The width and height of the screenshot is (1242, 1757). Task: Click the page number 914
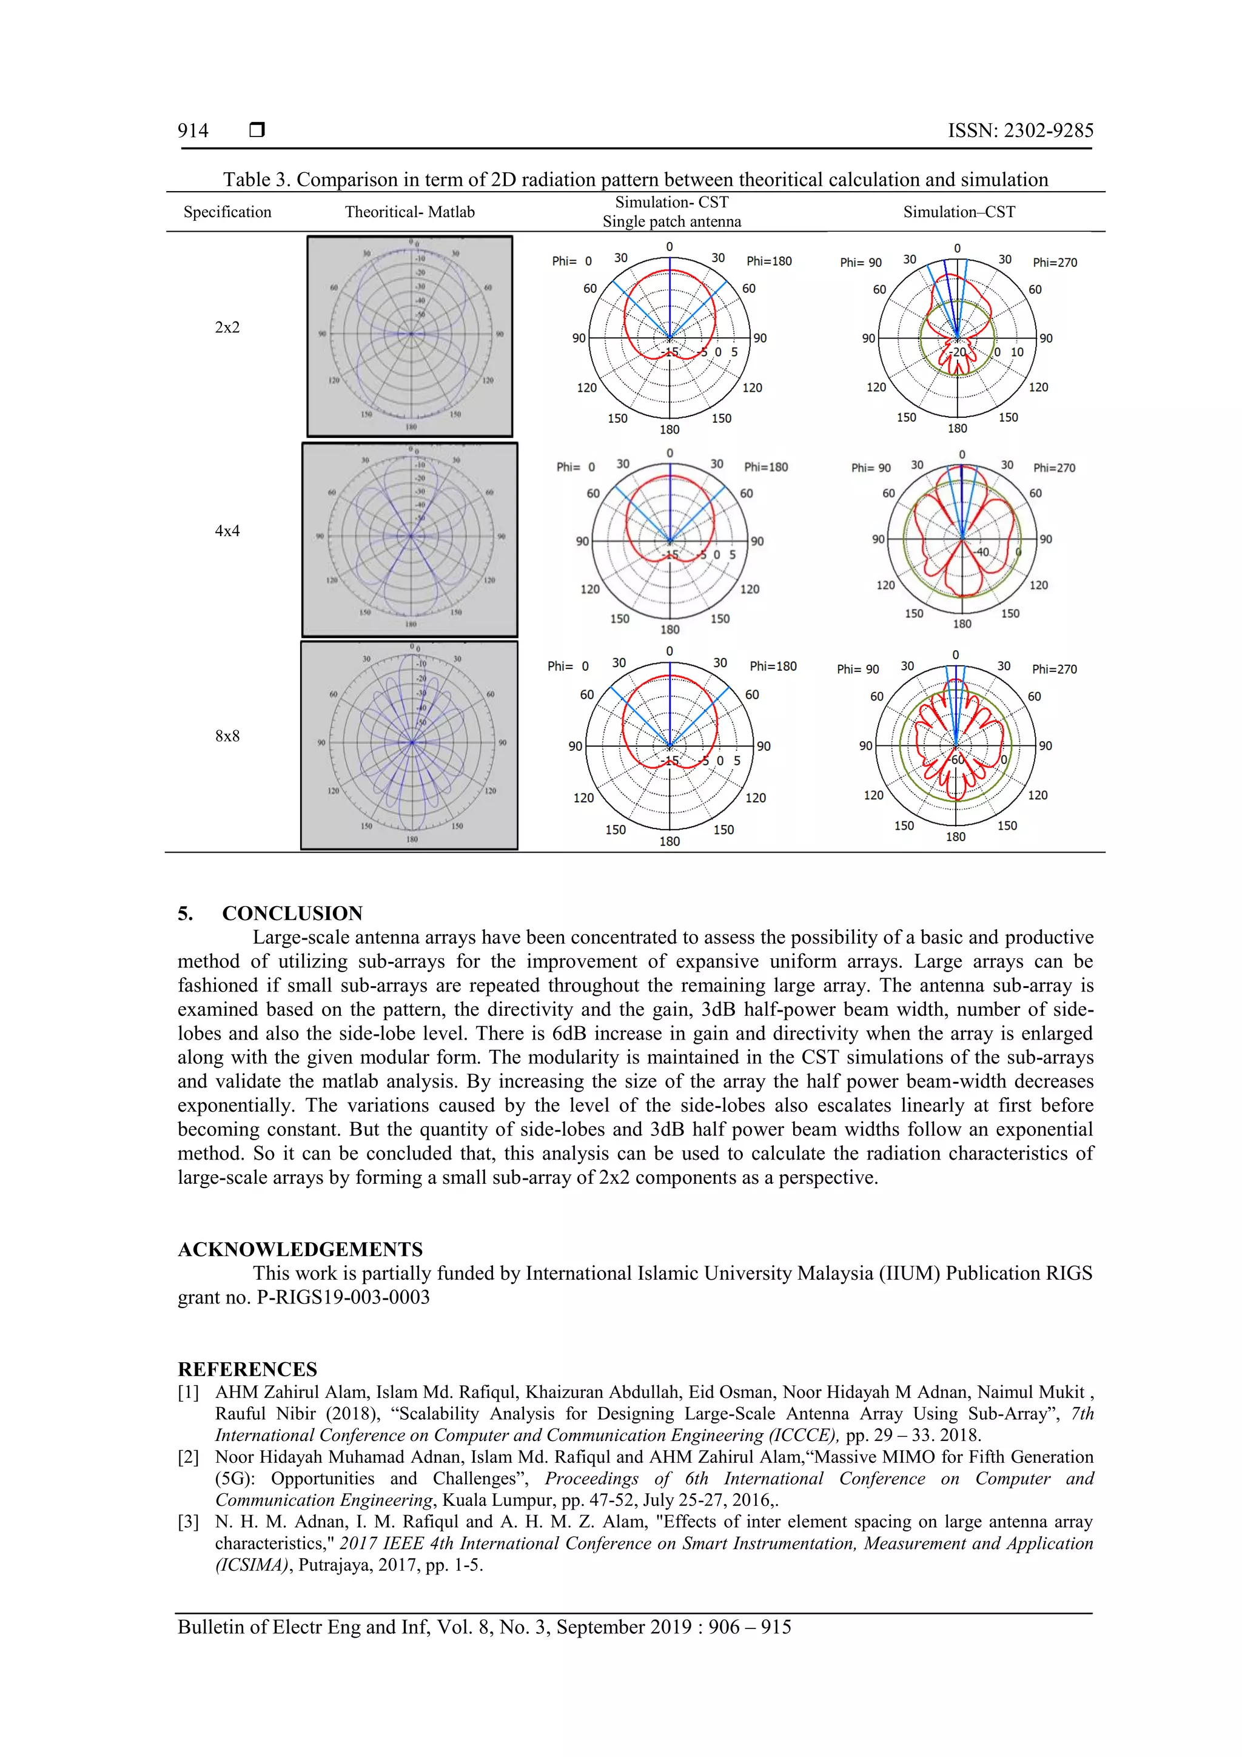click(193, 131)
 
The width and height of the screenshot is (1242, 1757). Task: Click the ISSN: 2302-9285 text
click(1020, 131)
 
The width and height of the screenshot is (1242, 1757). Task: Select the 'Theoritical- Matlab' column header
click(409, 212)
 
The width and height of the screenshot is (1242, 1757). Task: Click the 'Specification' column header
click(227, 212)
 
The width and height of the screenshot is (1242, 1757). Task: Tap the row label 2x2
click(227, 328)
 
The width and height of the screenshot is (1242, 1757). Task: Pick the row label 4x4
click(227, 531)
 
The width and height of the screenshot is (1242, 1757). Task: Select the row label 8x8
click(227, 736)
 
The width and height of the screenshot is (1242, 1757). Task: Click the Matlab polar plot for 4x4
click(410, 540)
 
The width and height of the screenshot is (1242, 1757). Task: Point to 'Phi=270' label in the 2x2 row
click(1055, 263)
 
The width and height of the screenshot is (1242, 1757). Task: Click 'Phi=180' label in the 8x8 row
click(773, 666)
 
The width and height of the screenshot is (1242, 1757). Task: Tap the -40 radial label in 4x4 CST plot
click(981, 552)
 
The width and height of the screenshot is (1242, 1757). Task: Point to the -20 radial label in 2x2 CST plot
click(958, 352)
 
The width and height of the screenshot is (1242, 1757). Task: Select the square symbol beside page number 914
click(257, 130)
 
